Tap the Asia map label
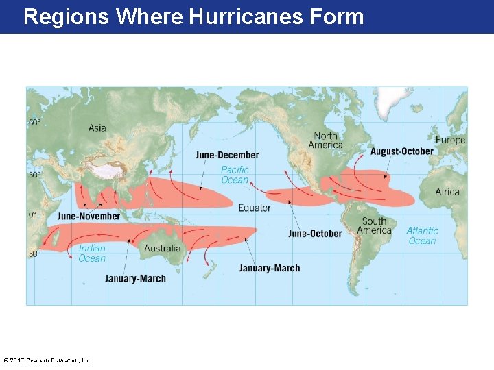tap(97, 127)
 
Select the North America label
tap(325, 140)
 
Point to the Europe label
tap(450, 140)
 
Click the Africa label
tap(447, 192)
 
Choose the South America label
tap(374, 225)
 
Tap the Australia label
tap(163, 248)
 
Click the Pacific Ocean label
tap(235, 175)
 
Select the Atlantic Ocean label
tap(422, 236)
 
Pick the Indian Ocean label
tap(92, 253)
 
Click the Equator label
tap(255, 208)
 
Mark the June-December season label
tap(227, 156)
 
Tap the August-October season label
tap(402, 151)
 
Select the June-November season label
tap(89, 217)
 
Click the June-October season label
tap(315, 234)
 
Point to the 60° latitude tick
tap(34, 123)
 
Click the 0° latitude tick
tap(32, 214)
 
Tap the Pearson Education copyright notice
tap(47, 360)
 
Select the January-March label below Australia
tap(135, 279)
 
